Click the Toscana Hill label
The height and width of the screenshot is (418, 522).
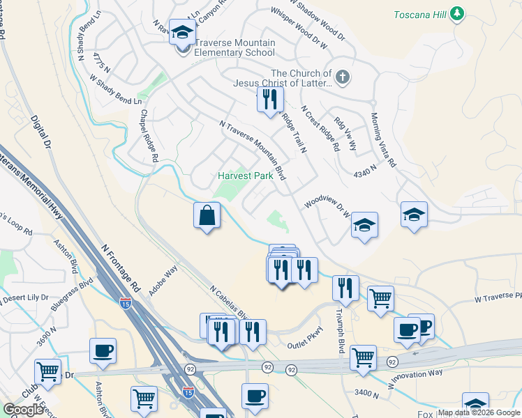coord(419,14)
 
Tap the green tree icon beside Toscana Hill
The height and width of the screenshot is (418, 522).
coord(457,13)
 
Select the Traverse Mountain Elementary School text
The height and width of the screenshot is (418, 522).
coord(234,47)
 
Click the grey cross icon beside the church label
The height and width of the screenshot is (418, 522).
coord(343,77)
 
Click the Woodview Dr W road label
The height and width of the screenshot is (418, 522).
coord(327,210)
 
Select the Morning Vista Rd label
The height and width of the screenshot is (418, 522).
coord(383,140)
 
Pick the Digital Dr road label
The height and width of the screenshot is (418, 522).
coord(42,133)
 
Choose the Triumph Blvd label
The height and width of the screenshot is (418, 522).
coord(341,332)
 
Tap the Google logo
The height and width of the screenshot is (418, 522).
coord(24,410)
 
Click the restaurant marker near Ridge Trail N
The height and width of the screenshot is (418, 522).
coord(270,99)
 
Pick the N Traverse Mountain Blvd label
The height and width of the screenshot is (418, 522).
coord(253,149)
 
